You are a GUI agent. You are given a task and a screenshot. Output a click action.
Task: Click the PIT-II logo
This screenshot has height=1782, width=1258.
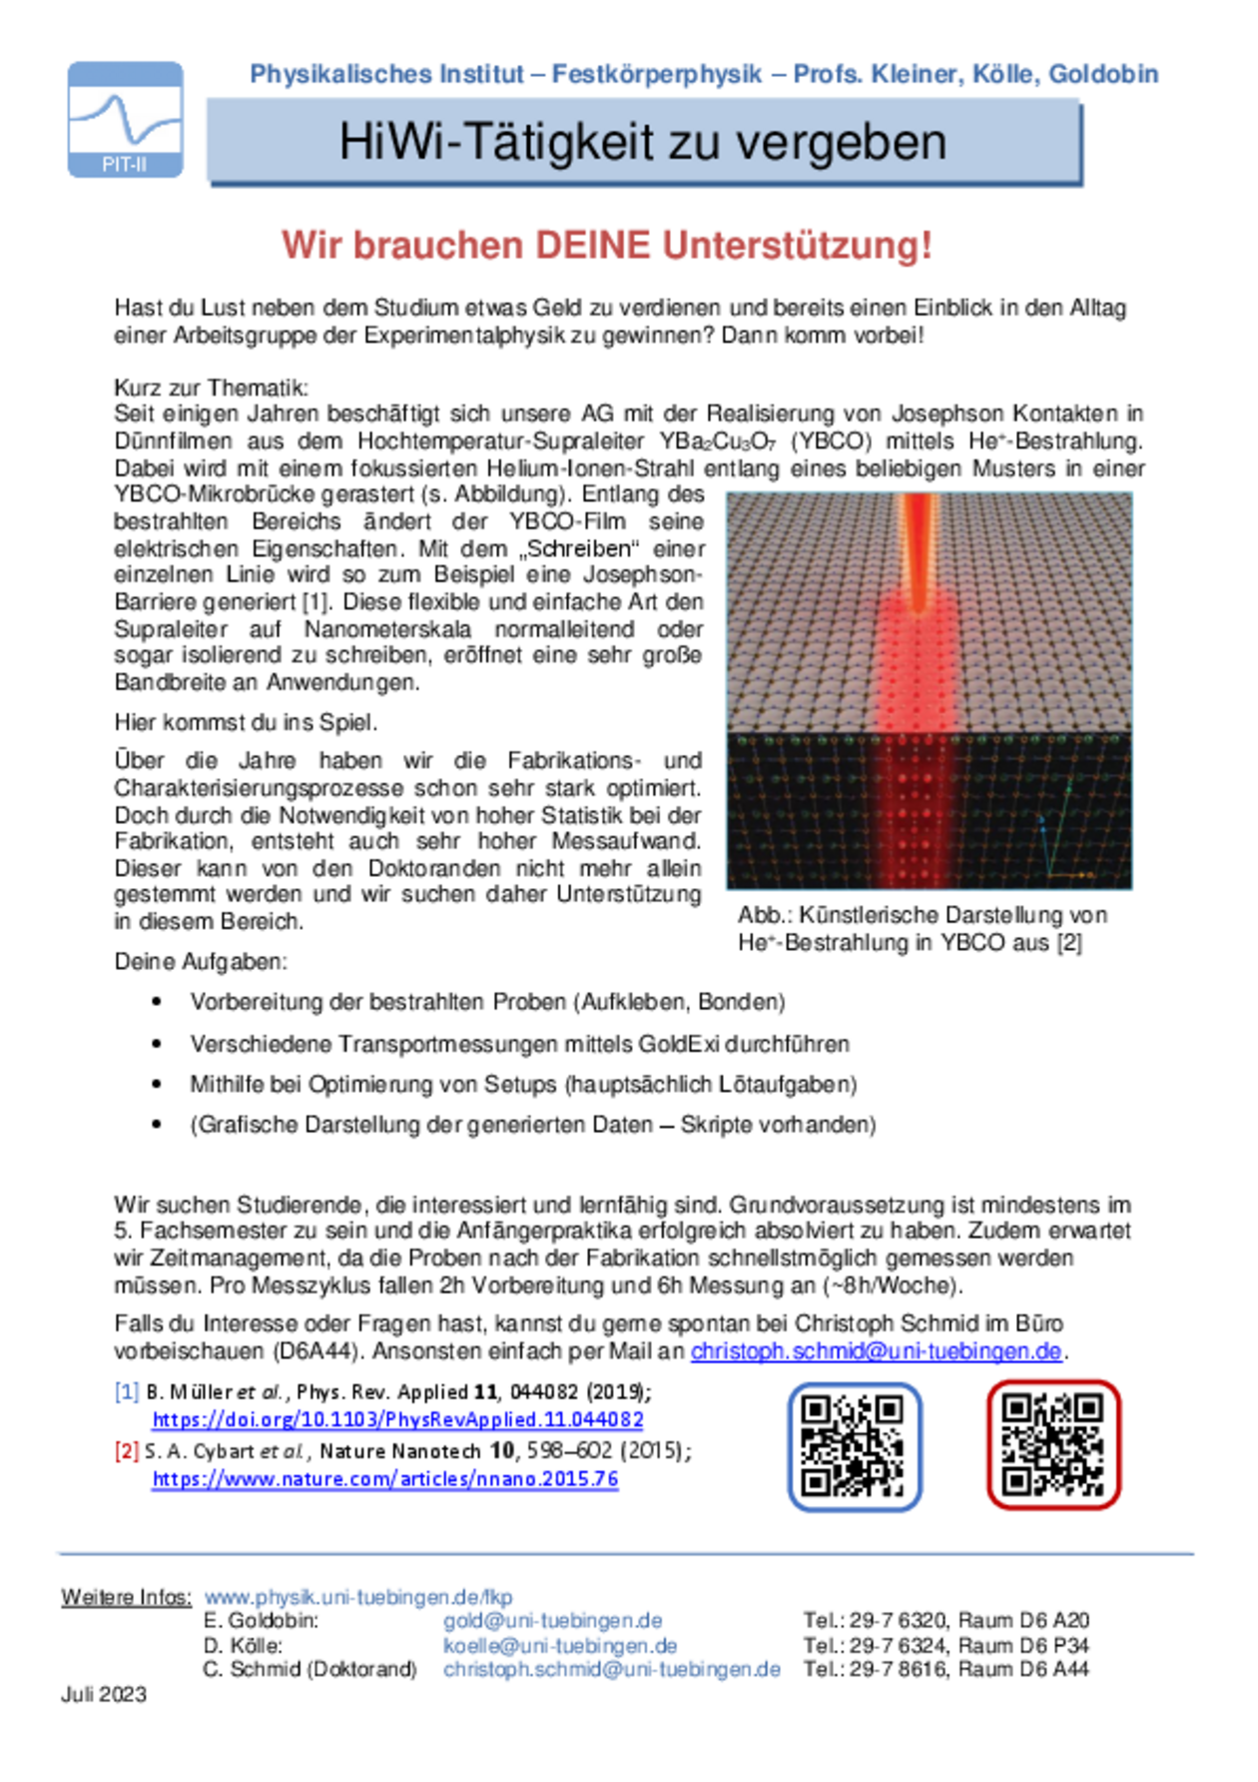[x=125, y=120]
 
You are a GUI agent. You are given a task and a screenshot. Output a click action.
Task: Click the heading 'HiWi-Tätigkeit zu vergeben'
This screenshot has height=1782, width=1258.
[x=643, y=141]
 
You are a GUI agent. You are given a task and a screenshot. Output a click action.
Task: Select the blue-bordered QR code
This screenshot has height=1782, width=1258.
[x=854, y=1445]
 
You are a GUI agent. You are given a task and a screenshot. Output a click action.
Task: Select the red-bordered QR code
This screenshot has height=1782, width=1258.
[x=1053, y=1444]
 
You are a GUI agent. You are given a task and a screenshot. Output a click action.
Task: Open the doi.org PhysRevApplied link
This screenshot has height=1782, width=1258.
[x=397, y=1419]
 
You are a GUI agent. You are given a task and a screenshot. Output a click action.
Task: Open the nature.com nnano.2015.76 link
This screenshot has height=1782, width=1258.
[x=384, y=1478]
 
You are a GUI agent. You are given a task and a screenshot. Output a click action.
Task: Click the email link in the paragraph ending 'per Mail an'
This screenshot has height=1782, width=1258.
[x=876, y=1351]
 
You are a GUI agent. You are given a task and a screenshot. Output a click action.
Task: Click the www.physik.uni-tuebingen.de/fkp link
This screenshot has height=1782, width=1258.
[x=358, y=1597]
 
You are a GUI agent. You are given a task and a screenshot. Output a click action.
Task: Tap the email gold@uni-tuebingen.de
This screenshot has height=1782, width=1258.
[x=553, y=1620]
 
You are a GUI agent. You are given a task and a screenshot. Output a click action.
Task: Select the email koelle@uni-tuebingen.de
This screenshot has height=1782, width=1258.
[x=560, y=1645]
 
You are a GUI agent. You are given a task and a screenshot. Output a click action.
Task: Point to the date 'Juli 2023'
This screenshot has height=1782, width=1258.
[x=104, y=1694]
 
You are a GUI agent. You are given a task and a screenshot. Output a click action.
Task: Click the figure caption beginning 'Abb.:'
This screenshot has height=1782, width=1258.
[x=922, y=929]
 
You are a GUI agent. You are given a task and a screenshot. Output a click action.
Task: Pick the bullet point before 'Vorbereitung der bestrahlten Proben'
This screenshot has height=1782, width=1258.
[x=157, y=1002]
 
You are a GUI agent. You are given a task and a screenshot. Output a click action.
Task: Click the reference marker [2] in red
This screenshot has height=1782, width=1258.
[x=127, y=1450]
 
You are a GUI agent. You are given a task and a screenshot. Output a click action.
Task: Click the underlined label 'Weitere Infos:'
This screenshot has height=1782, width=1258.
[x=126, y=1597]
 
